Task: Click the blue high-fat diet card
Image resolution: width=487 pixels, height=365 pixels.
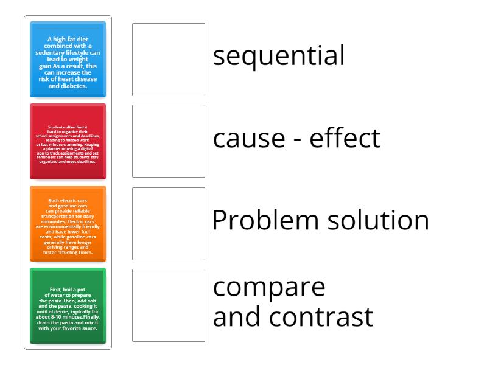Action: (x=68, y=60)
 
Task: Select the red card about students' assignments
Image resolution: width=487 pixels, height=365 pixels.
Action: (x=68, y=142)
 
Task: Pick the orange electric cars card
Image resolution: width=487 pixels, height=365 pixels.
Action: (x=68, y=224)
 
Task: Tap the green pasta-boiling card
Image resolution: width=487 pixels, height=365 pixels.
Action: (x=68, y=305)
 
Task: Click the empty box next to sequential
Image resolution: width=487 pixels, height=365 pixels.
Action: (x=169, y=60)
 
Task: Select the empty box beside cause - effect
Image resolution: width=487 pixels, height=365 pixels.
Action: (x=169, y=141)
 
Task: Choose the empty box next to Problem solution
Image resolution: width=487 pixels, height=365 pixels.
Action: (x=169, y=224)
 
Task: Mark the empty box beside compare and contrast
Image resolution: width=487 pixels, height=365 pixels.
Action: (x=169, y=305)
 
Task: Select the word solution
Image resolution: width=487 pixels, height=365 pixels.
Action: (x=374, y=220)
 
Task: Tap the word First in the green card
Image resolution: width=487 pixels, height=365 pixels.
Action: (x=56, y=290)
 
